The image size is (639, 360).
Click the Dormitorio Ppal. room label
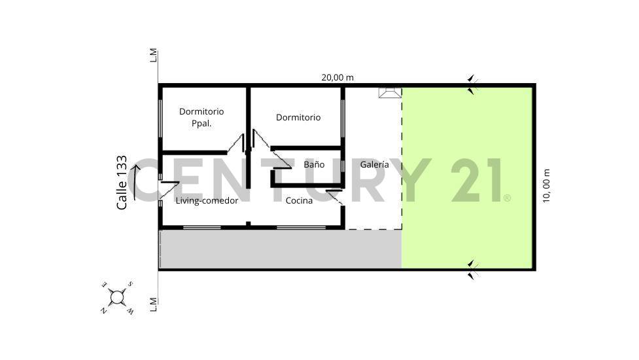[201, 117]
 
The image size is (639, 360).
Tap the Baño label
[314, 164]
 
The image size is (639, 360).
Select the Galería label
[375, 164]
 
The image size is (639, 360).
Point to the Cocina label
[299, 200]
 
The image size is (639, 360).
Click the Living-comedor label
[207, 200]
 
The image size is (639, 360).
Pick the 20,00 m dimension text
[337, 77]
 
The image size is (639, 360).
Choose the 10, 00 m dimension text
[547, 186]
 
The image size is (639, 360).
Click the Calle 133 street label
[122, 183]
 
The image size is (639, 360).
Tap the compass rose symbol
[117, 298]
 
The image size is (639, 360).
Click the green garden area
[467, 177]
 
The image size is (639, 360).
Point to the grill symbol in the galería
[390, 93]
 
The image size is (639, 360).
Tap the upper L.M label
[154, 55]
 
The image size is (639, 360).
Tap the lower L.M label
[154, 304]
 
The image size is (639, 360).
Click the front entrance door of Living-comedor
[167, 189]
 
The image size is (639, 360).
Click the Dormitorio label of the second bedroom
[298, 117]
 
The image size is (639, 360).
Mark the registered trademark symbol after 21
[507, 197]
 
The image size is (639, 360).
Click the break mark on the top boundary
[473, 84]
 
